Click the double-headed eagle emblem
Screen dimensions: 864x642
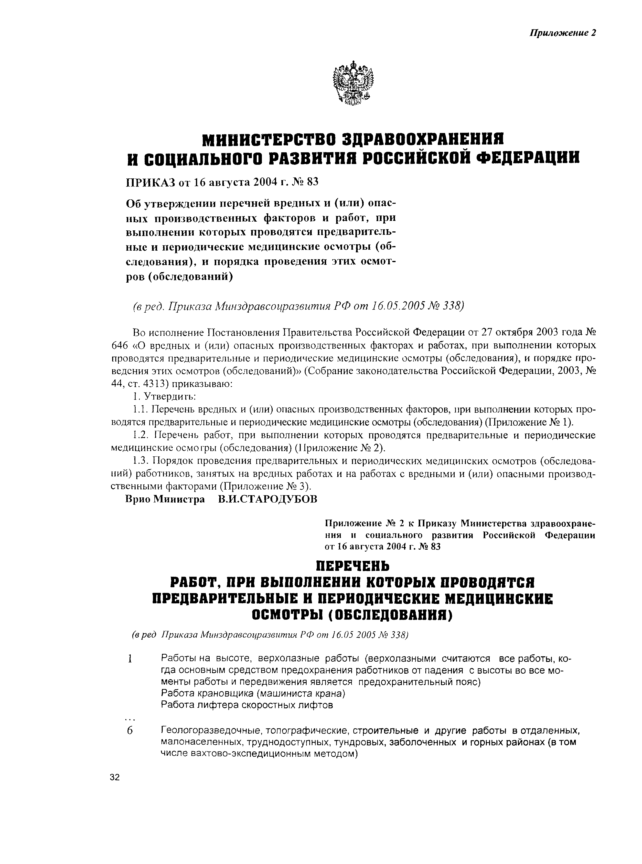pyautogui.click(x=353, y=83)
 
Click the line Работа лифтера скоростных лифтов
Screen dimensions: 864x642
pyautogui.click(x=247, y=705)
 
